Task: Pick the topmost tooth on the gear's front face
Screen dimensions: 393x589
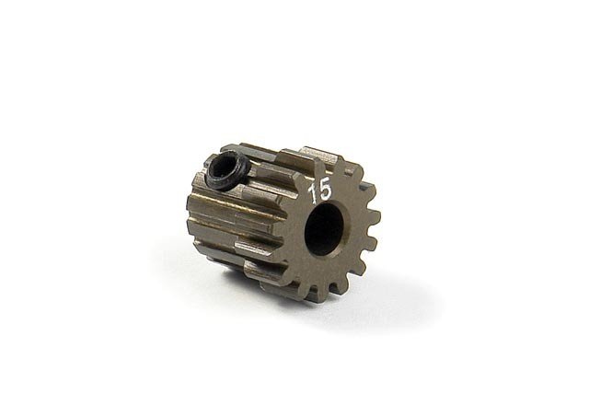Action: tap(324, 158)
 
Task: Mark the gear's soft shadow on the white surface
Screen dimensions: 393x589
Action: tap(304, 308)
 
